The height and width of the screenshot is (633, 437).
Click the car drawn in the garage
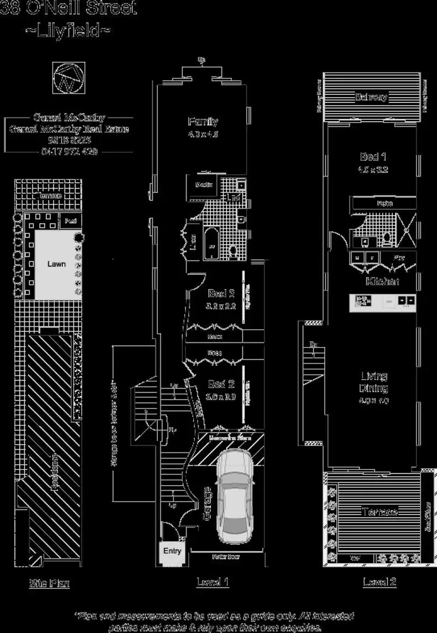coord(232,499)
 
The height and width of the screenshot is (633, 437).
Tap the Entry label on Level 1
coord(172,551)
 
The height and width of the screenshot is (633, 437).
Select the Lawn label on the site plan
coord(57,264)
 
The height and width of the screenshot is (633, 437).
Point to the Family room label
coord(203,122)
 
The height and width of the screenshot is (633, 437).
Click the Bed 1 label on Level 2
coord(373,157)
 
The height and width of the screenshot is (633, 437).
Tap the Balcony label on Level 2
coord(371,97)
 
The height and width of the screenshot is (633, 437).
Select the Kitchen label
coord(382,281)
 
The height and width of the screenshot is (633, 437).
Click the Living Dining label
coord(374,382)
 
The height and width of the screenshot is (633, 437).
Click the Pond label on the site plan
coord(70,221)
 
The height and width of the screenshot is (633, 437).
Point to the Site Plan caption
coord(50,583)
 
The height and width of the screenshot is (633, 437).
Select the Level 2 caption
coord(379,581)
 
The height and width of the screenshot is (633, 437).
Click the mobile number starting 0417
coord(69,151)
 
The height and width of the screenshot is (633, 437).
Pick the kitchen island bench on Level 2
coord(383,302)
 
